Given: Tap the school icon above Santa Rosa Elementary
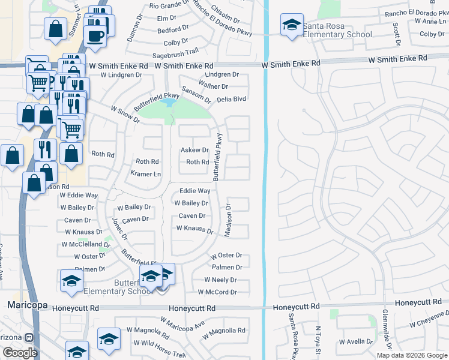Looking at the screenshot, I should point(292,25).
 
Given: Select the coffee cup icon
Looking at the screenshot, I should point(95,36).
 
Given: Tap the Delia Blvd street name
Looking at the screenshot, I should point(232,100).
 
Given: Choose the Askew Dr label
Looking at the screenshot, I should point(194,150).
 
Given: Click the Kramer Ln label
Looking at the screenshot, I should point(146,174).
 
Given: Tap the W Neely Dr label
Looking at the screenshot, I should point(220,280).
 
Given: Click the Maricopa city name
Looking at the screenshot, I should point(27,305).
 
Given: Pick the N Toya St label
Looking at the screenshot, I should point(319,339).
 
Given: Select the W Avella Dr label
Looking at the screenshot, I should point(357,342).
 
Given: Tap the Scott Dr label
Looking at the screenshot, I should point(396,34).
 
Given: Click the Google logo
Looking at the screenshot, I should point(20,353).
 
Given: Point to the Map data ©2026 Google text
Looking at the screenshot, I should point(412,355).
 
